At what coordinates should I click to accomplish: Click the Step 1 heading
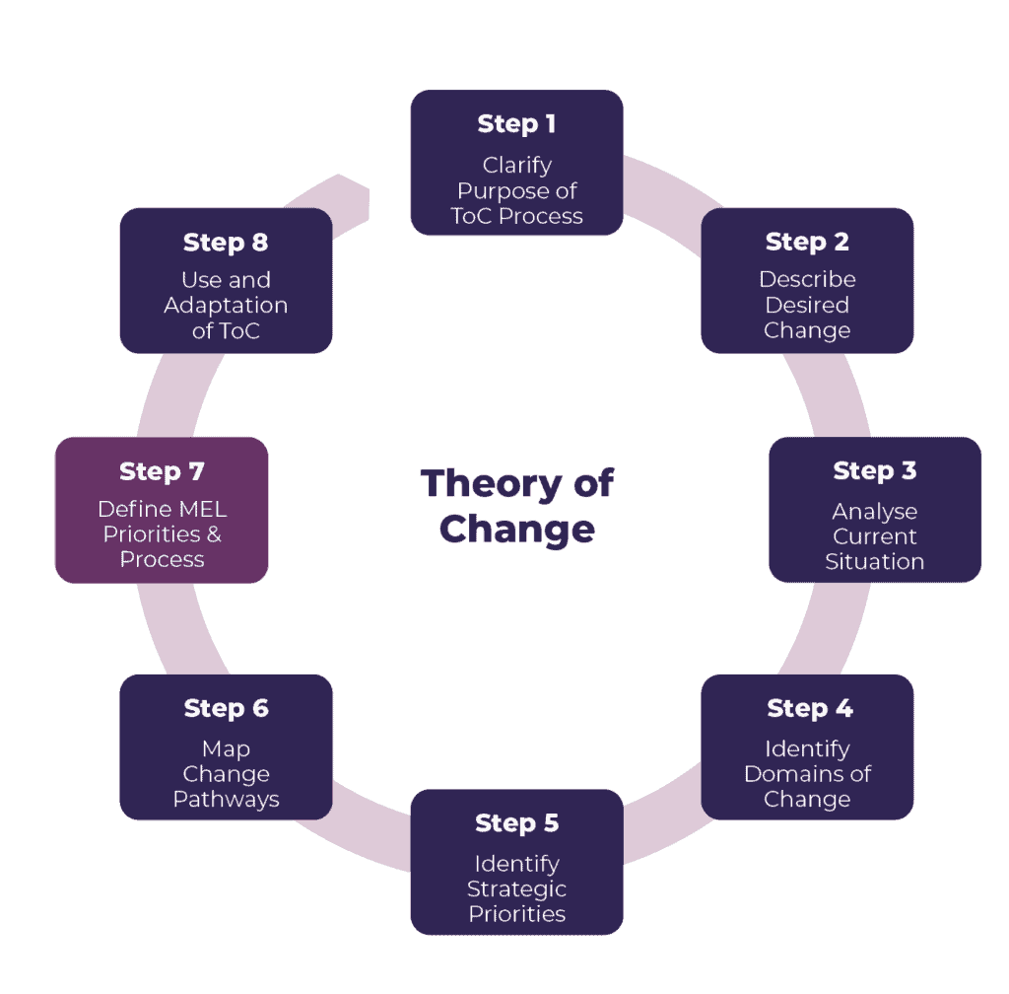(516, 124)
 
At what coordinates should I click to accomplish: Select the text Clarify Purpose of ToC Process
(516, 190)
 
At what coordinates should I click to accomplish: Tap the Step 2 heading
(807, 243)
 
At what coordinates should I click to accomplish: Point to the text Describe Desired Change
(807, 305)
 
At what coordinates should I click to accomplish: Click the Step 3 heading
(875, 471)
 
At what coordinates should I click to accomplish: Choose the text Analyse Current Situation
(875, 536)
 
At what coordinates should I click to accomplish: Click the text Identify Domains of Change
(807, 774)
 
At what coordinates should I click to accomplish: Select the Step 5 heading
(517, 823)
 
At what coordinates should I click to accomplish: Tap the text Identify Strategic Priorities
(516, 888)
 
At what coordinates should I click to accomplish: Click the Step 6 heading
(226, 709)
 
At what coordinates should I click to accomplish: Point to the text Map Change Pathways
(226, 774)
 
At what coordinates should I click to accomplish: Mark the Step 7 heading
(162, 472)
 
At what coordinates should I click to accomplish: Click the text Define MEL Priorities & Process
(162, 534)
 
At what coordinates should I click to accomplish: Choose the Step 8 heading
(226, 243)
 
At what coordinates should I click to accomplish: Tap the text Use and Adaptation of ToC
(226, 305)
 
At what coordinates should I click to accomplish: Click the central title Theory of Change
(516, 506)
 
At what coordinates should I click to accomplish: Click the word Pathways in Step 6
(226, 800)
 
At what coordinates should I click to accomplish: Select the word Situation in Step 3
(875, 562)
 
